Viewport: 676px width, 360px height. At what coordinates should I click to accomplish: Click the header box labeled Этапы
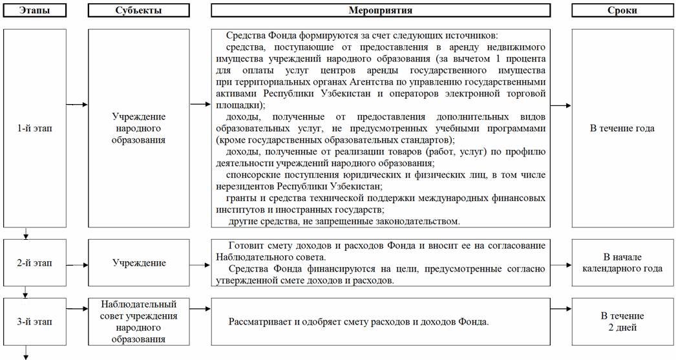pos(34,10)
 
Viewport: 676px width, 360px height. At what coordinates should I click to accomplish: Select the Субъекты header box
pos(138,10)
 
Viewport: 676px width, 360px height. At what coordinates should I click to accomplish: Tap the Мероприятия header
pos(380,10)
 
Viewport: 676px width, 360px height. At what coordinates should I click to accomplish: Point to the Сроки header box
pos(622,10)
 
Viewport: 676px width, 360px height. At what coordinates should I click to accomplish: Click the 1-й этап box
pos(34,128)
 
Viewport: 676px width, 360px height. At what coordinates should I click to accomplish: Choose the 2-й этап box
pos(34,263)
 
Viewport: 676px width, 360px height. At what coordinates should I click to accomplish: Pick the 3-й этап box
pos(34,321)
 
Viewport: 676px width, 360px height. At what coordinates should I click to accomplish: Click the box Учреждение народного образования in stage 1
pos(138,128)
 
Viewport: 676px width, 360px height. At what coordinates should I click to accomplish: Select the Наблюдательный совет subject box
pos(138,321)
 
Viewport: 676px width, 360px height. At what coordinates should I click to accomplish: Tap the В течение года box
pos(622,128)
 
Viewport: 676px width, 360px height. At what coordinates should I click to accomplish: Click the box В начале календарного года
pos(622,263)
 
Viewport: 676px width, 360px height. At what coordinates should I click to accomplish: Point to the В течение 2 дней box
pos(622,321)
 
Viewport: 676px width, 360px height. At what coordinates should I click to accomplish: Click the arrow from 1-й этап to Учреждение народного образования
pos(77,104)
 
